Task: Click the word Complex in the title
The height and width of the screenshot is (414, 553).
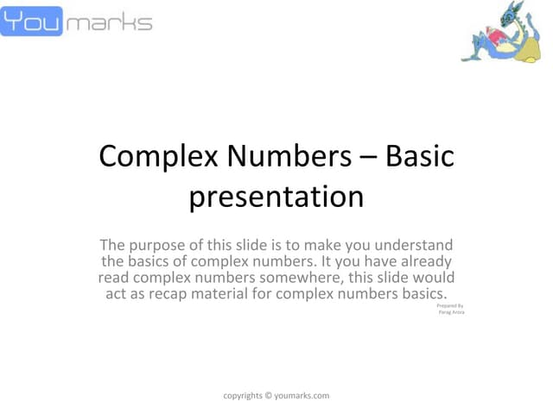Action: pos(148,157)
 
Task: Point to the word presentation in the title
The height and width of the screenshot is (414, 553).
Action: pos(276,197)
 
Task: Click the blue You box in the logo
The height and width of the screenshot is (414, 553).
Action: pos(32,21)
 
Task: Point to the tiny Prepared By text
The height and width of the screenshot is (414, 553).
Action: pos(451,306)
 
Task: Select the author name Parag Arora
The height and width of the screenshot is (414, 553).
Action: pos(451,313)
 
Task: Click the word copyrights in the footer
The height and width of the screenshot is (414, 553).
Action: pos(242,396)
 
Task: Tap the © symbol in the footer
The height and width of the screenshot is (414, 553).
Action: pos(268,396)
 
